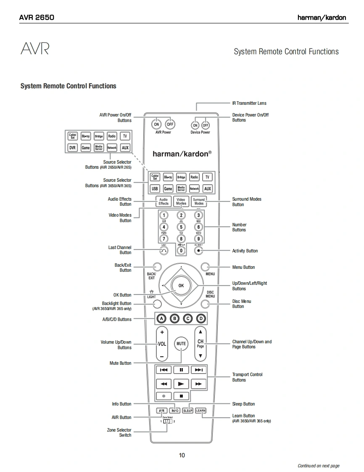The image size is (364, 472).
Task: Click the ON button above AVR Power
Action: point(156,124)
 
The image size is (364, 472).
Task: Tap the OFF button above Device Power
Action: point(206,125)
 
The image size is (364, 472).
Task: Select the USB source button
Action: point(155,189)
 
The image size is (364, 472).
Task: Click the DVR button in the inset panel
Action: point(72,148)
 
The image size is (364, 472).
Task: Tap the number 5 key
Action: point(181,227)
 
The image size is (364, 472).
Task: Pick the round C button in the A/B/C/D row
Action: point(188,318)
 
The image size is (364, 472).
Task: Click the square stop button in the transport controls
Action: point(181,396)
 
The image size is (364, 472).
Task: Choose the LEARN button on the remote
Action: point(200,411)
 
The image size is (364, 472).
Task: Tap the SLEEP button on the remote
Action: point(187,411)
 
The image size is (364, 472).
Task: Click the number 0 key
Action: point(181,250)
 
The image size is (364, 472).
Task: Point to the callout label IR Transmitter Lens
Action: point(249,103)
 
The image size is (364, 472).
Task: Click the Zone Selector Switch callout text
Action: point(119,432)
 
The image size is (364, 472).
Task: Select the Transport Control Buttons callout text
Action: point(247,377)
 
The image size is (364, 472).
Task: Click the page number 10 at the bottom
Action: point(182,455)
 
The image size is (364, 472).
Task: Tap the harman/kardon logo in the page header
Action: point(322,18)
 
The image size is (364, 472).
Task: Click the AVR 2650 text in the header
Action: point(37,18)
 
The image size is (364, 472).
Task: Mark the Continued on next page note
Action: point(318,466)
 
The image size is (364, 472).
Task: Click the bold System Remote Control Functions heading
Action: point(69,86)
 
